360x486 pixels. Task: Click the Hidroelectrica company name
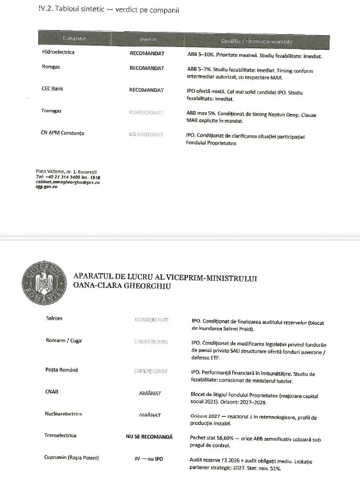(x=54, y=52)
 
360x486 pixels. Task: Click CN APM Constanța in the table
(x=59, y=133)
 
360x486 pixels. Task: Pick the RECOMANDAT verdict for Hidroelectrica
(x=146, y=52)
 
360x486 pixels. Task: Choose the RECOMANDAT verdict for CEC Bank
(x=146, y=90)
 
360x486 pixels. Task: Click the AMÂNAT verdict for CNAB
(x=150, y=392)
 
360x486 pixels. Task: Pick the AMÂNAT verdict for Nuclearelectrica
(x=150, y=414)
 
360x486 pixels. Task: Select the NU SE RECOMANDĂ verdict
(x=149, y=436)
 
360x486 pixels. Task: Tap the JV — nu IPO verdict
(x=150, y=458)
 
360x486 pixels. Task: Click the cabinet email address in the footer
(x=68, y=182)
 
